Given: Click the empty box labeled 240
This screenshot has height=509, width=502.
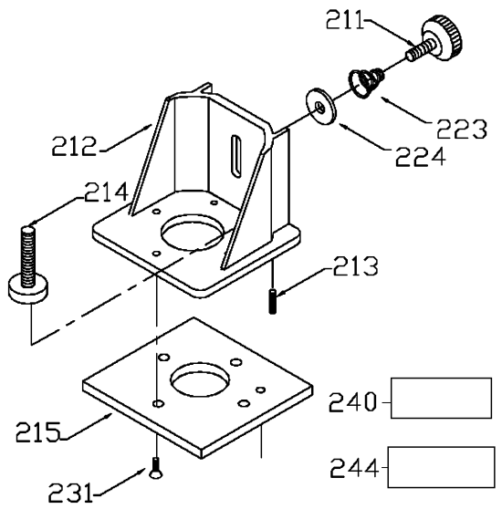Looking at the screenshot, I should [x=440, y=399].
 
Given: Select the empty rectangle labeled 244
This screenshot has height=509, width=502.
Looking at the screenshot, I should [x=440, y=467].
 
